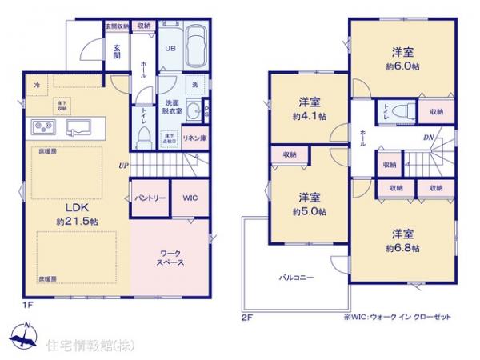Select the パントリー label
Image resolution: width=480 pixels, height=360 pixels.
pos(150,198)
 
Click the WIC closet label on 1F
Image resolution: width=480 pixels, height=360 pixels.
pos(190,198)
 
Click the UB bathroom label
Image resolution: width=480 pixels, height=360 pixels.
pos(170,47)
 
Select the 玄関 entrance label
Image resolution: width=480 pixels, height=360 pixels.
pos(115,51)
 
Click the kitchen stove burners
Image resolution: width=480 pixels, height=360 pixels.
pos(41,126)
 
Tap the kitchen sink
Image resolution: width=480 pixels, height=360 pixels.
pos(80,126)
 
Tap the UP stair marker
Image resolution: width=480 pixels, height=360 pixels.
pos(123,166)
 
